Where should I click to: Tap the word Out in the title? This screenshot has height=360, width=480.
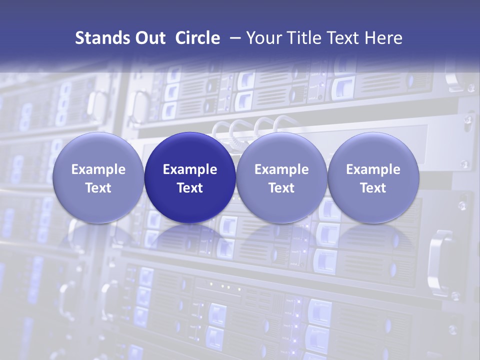pyautogui.click(x=149, y=38)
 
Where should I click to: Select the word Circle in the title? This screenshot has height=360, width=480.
pyautogui.click(x=197, y=38)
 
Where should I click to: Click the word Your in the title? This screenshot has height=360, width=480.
pyautogui.click(x=262, y=38)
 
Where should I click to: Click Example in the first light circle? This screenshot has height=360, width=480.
pyautogui.click(x=98, y=169)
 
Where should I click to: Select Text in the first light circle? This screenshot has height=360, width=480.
pyautogui.click(x=98, y=188)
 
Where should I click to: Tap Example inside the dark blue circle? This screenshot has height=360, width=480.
pyautogui.click(x=190, y=169)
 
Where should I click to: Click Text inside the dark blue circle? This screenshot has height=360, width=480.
pyautogui.click(x=190, y=188)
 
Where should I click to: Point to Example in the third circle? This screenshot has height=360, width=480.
pyautogui.click(x=281, y=169)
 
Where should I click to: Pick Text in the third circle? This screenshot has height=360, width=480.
pyautogui.click(x=281, y=188)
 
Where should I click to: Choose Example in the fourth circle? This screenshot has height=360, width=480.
pyautogui.click(x=373, y=169)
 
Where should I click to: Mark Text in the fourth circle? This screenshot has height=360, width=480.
pyautogui.click(x=373, y=188)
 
